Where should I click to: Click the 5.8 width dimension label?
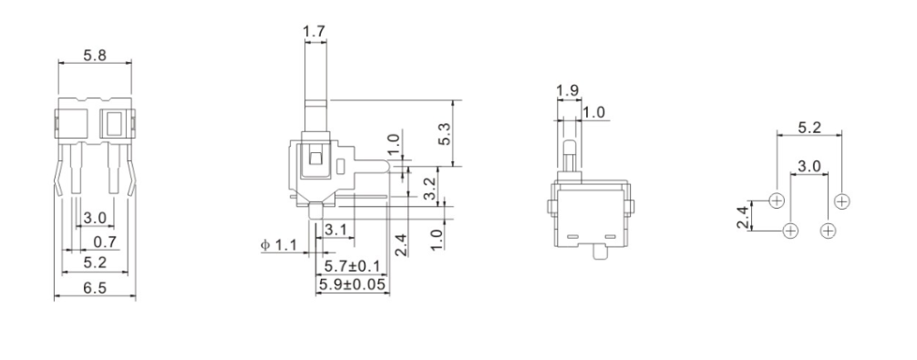click(x=94, y=56)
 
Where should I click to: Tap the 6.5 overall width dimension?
click(x=94, y=286)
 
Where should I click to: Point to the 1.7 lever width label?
click(x=314, y=33)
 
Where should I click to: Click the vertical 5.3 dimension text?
click(x=446, y=132)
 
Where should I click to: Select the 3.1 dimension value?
click(x=334, y=230)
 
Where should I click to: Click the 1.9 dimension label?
click(x=565, y=91)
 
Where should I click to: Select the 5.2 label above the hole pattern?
click(x=808, y=128)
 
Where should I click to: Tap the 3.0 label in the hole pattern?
click(x=809, y=167)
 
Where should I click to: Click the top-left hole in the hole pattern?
click(x=777, y=200)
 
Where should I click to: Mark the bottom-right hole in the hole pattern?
click(x=828, y=230)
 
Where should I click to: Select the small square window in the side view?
click(x=315, y=159)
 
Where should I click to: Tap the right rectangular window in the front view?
click(x=114, y=123)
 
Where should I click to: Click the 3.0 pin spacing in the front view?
click(x=94, y=219)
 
